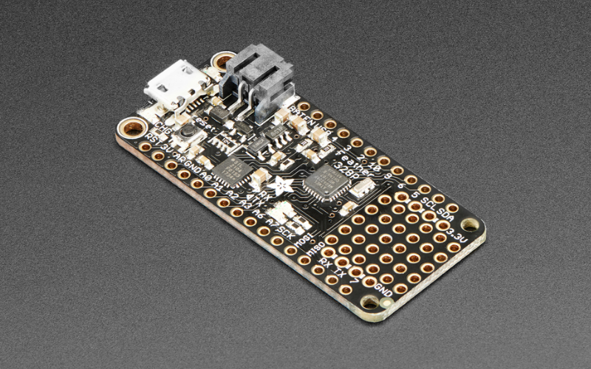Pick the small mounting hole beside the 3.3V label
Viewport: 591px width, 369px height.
tap(469, 224)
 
